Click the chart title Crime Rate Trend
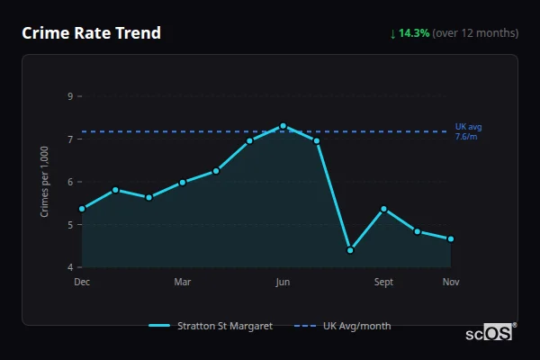pos(91,33)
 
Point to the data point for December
pos(82,209)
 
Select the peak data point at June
pos(283,126)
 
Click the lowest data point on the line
pos(350,250)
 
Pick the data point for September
pos(383,209)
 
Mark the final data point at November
pos(451,238)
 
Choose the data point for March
pos(182,182)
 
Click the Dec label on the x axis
pos(82,283)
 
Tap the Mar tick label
pos(182,283)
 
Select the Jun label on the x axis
pos(283,283)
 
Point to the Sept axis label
pos(383,283)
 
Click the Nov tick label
pos(451,283)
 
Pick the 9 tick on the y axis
pos(69,96)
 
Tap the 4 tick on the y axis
pos(69,267)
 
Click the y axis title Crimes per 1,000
pos(45,181)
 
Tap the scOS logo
pos(491,333)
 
